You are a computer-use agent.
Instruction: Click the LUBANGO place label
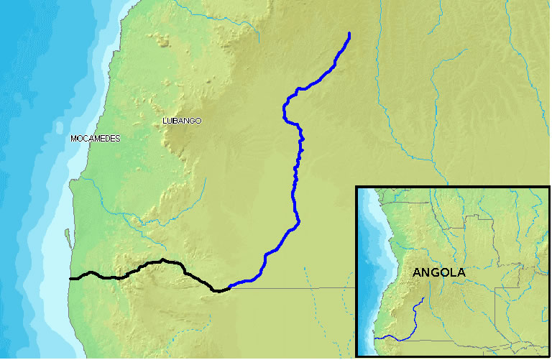point(183,121)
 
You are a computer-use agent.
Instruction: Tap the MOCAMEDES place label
point(96,138)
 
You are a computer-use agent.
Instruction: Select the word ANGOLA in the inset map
point(438,273)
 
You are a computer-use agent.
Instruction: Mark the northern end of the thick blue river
point(349,34)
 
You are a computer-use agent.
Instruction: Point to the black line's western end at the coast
point(70,277)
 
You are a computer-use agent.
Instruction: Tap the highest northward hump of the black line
point(164,259)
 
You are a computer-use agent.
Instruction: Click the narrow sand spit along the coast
point(66,236)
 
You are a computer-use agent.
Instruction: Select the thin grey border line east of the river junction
point(302,288)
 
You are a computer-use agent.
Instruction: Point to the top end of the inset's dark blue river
point(425,297)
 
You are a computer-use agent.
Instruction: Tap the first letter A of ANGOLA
point(417,273)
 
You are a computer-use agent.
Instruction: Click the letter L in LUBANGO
point(166,121)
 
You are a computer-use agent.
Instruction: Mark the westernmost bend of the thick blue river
point(285,113)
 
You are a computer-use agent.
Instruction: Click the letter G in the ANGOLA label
point(438,273)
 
